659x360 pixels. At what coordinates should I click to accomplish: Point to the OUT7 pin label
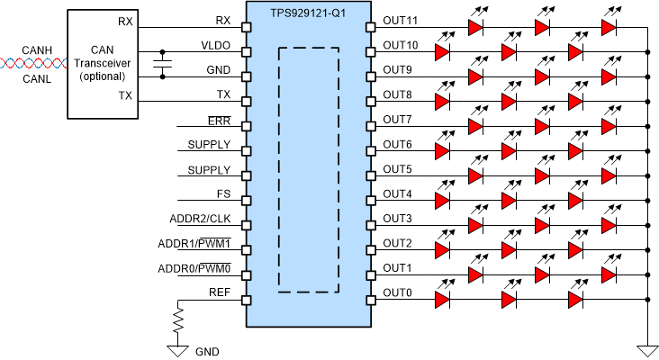[x=397, y=119]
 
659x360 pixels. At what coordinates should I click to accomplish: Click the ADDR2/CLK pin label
[x=200, y=218]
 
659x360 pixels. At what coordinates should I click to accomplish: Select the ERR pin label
[x=219, y=119]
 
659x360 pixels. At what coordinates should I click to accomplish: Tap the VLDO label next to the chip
[x=216, y=44]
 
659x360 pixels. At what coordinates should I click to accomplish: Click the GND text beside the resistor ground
[x=205, y=351]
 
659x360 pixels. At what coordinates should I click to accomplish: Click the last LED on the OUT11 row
[x=609, y=28]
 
